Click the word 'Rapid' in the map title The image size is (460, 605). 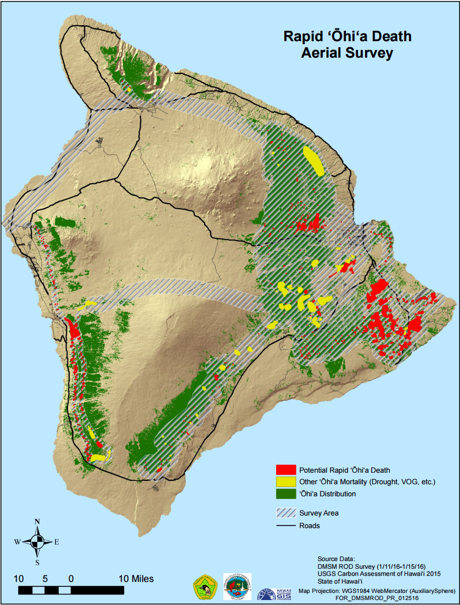click(301, 37)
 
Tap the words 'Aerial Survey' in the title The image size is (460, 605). click(347, 53)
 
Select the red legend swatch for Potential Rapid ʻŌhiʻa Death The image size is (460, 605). click(285, 470)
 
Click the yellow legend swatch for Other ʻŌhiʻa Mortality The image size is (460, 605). click(285, 482)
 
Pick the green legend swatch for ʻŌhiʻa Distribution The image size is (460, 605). click(285, 494)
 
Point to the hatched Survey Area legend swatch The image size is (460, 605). click(285, 513)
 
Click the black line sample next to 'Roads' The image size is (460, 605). click(285, 525)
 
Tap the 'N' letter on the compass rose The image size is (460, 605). click(37, 522)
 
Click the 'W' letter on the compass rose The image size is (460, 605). click(18, 542)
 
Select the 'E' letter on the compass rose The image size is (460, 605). click(57, 542)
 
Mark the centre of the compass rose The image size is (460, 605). click(37, 542)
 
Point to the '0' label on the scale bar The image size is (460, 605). click(71, 579)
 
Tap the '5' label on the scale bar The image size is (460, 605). click(44, 579)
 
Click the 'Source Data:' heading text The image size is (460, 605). click(336, 558)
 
